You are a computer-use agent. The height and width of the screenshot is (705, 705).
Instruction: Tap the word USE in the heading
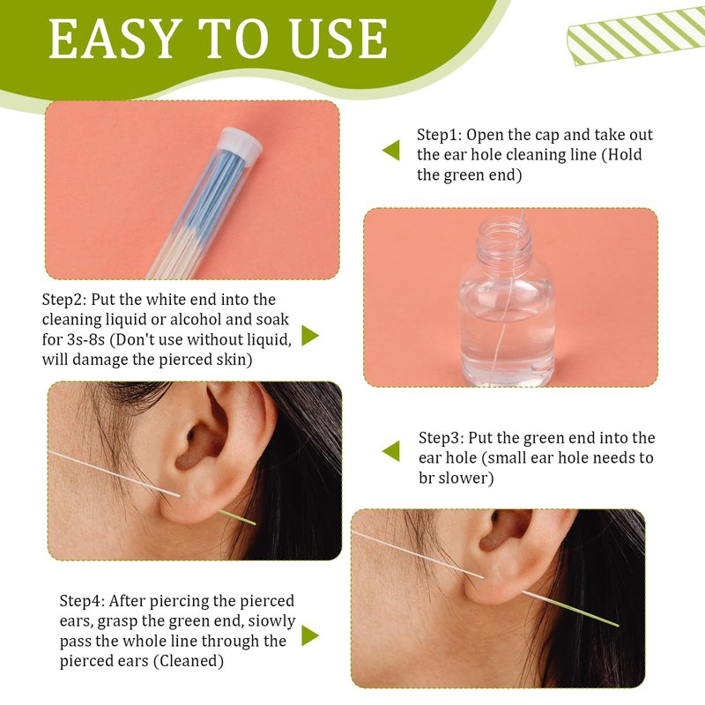pyautogui.click(x=338, y=39)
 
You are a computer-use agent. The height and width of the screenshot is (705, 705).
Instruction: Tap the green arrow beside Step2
pyautogui.click(x=310, y=336)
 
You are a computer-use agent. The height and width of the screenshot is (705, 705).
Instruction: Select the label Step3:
pyautogui.click(x=442, y=438)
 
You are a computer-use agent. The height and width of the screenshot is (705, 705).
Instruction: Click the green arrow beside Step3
pyautogui.click(x=390, y=451)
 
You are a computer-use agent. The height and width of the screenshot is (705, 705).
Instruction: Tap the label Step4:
pyautogui.click(x=82, y=601)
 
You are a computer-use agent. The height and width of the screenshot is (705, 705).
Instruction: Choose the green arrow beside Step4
pyautogui.click(x=310, y=635)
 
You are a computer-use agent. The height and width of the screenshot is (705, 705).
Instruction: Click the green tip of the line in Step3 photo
pyautogui.click(x=237, y=517)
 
